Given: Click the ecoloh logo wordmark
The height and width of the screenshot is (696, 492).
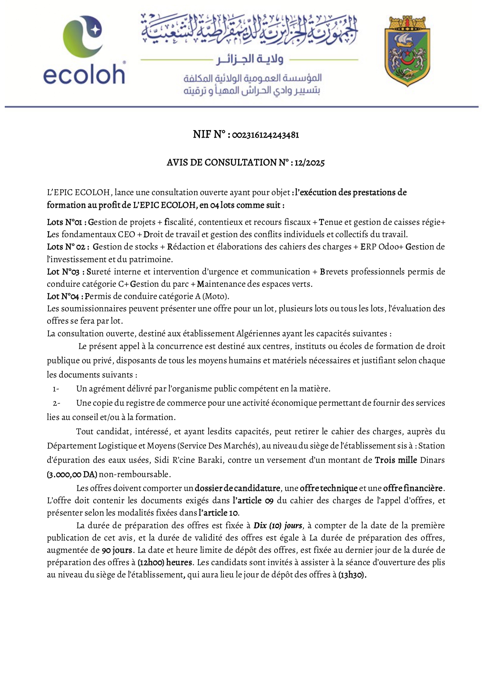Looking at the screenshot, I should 84,74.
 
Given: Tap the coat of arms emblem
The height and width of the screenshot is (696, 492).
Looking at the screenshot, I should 407,51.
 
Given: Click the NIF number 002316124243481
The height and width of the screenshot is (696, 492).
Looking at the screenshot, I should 265,135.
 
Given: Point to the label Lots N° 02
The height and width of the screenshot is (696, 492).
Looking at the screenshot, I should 66,247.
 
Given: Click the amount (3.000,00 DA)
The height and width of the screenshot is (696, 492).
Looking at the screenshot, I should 72,474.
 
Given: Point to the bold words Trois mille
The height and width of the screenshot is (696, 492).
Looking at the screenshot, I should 396,460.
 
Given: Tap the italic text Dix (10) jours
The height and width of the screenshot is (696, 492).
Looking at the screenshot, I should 278,525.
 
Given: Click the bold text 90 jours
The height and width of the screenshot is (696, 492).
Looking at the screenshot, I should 117,550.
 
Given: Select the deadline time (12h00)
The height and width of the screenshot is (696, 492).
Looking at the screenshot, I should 151,562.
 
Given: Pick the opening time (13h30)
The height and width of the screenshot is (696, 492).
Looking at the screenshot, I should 352,575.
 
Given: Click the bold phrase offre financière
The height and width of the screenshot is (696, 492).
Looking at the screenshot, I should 413,488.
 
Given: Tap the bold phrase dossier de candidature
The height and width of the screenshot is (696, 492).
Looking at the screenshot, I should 237,488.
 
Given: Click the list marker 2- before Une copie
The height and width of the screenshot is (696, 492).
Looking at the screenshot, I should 56,403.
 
